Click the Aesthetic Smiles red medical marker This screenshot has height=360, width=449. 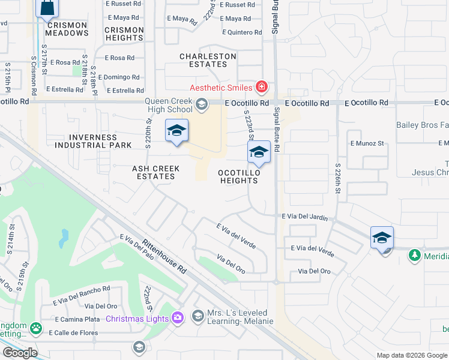pyautogui.click(x=261, y=88)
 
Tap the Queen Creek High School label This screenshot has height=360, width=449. pyautogui.click(x=168, y=106)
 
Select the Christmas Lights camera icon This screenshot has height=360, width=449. pyautogui.click(x=178, y=318)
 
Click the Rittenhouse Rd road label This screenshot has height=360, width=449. pyautogui.click(x=164, y=256)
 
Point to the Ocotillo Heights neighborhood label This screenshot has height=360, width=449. pyautogui.click(x=239, y=176)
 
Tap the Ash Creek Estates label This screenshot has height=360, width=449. pyautogui.click(x=154, y=173)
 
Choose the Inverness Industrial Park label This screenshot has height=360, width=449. pyautogui.click(x=93, y=141)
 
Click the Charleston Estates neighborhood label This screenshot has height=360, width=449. pyautogui.click(x=208, y=60)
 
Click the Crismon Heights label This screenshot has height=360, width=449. pyautogui.click(x=124, y=34)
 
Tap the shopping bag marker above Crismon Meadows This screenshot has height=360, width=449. pyautogui.click(x=47, y=8)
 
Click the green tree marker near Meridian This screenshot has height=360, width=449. pyautogui.click(x=414, y=256)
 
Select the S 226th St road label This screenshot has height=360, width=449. pyautogui.click(x=338, y=179)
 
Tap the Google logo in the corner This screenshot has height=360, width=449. pyautogui.click(x=19, y=353)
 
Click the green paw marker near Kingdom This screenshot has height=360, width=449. pyautogui.click(x=36, y=328)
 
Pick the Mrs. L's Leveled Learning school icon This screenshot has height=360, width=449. pyautogui.click(x=198, y=315)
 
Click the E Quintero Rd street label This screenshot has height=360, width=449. pyautogui.click(x=242, y=32)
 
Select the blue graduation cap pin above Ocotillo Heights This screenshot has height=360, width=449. pyautogui.click(x=259, y=152)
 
